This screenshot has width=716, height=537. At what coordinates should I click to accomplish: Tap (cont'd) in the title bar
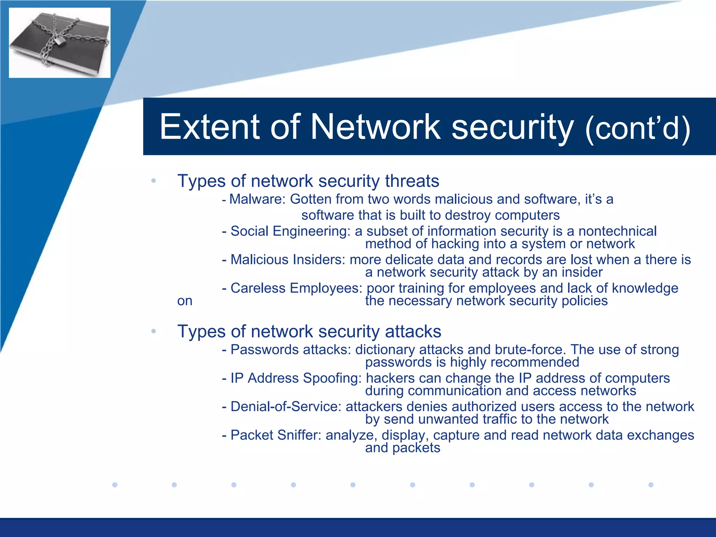pos(637,128)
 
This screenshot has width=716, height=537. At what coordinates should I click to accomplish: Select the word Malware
pos(257,199)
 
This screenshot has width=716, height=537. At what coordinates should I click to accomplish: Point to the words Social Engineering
pos(290,231)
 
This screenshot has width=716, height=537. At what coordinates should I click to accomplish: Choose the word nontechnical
pos(617,231)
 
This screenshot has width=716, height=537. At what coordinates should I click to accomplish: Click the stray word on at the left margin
pos(185,301)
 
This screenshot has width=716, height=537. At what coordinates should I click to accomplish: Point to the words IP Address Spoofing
pos(296,378)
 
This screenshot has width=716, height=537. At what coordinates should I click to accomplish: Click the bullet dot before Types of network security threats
pos(153,181)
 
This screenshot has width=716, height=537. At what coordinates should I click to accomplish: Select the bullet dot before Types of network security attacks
pos(153,331)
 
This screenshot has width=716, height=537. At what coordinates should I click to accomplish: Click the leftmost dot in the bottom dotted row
pos(115,485)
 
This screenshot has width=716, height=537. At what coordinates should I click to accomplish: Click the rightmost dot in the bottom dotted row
pos(651,485)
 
